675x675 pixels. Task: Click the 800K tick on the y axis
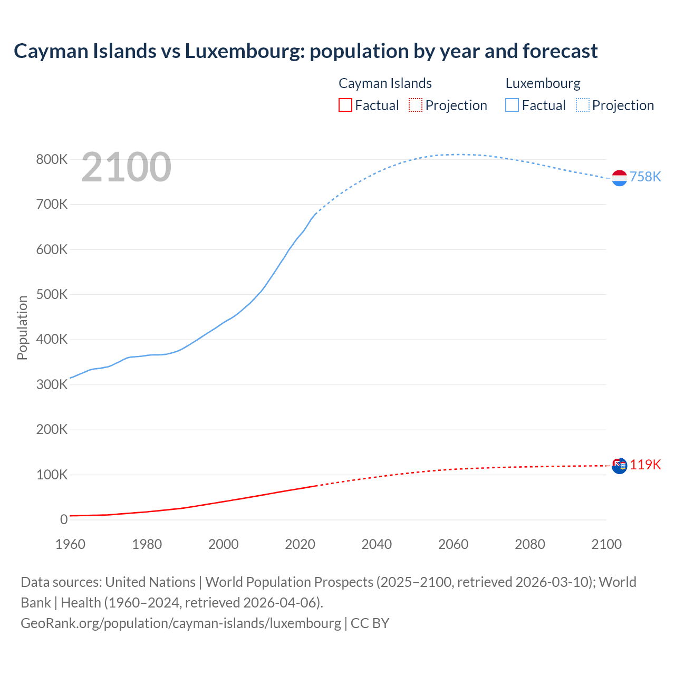point(52,159)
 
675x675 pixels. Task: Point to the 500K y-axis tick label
point(52,294)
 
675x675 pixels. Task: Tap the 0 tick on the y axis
point(64,519)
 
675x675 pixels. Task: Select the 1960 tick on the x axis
point(70,544)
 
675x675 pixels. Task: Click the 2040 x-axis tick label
point(377,544)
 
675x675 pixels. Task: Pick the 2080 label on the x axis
point(529,544)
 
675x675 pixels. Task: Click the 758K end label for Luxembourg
point(645,177)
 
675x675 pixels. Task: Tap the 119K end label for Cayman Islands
point(645,465)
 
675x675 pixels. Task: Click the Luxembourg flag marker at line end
point(619,178)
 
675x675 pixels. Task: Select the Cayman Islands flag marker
point(619,466)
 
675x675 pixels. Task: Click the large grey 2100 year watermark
point(126,167)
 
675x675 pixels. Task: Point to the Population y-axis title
point(22,327)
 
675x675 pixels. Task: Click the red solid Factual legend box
point(345,105)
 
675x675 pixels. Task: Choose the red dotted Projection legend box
point(416,105)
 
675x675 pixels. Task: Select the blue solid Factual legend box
point(512,105)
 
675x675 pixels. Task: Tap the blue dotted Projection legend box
point(582,105)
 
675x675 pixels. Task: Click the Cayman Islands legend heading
point(385,83)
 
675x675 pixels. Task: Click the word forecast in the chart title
point(560,51)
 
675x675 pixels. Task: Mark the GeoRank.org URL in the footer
point(181,623)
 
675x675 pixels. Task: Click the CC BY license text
point(370,623)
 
